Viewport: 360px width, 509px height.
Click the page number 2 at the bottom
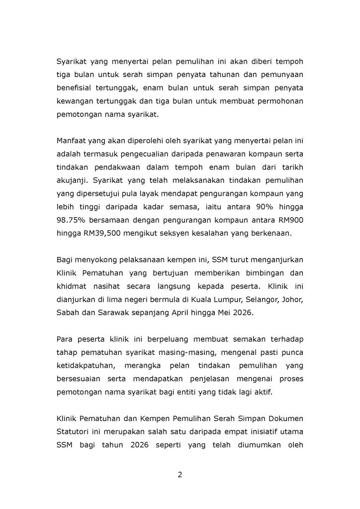(180, 474)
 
